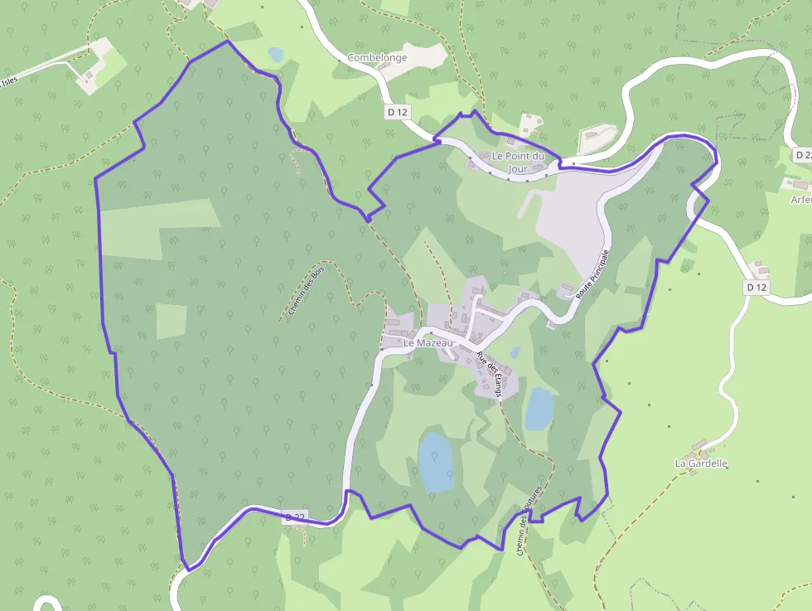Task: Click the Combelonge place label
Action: coord(377,58)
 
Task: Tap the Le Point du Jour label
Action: coord(519,162)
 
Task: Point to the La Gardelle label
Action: coord(701,463)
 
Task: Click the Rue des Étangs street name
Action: coord(490,376)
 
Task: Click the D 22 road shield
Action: coord(295,517)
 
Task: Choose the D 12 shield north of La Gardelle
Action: coord(756,287)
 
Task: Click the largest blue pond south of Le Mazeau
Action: coord(436,462)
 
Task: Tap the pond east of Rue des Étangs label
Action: coord(539,408)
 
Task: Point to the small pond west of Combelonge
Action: coord(275,55)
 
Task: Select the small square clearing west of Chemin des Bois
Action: coord(172,322)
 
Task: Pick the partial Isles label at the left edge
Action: coord(9,80)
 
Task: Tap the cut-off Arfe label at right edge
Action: coord(800,199)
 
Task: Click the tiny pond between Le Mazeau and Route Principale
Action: coord(515,352)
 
